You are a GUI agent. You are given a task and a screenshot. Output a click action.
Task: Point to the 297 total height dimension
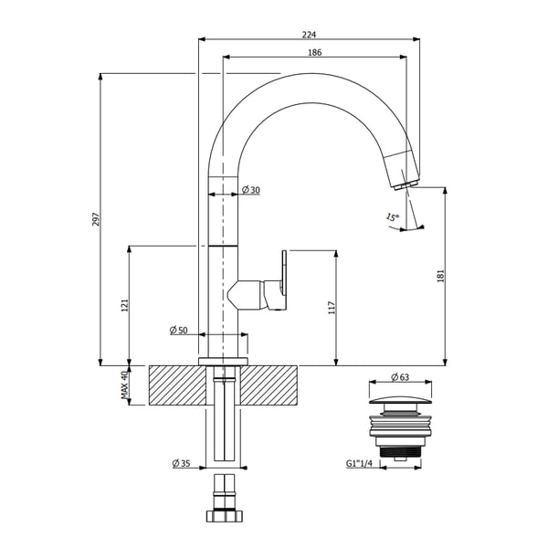[95, 220]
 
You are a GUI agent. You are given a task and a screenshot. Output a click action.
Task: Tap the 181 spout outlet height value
[440, 275]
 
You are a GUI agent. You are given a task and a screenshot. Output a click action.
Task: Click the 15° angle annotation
[392, 217]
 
